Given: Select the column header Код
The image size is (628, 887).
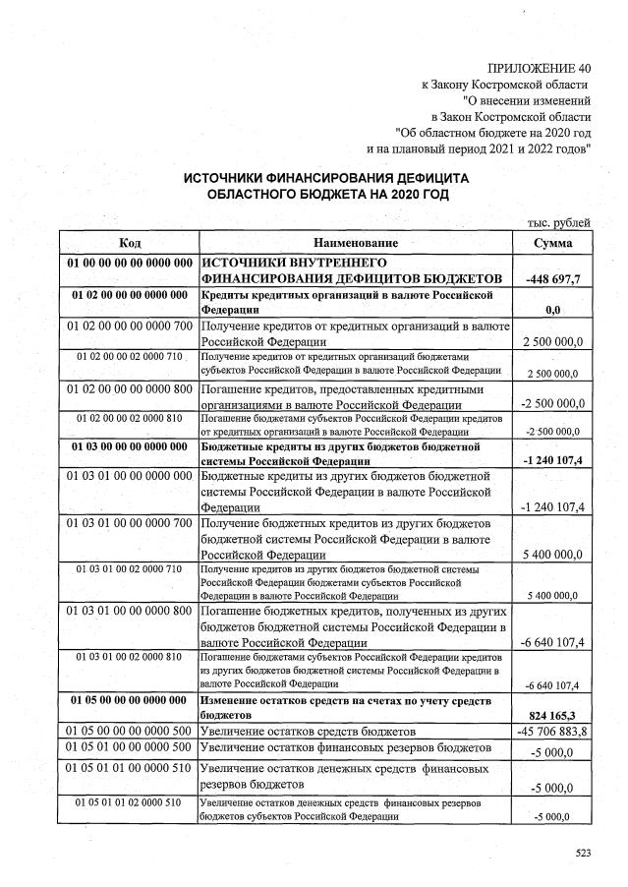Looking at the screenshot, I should [x=130, y=243].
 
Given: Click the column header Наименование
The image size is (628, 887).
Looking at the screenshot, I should [x=356, y=243].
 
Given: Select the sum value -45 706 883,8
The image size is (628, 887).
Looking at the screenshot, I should [x=551, y=733].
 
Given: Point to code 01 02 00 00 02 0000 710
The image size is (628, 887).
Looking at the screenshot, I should [x=130, y=356].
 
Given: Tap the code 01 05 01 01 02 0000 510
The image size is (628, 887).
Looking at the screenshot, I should [x=130, y=802].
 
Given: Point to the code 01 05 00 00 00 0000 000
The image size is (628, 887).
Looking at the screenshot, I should [x=130, y=699].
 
